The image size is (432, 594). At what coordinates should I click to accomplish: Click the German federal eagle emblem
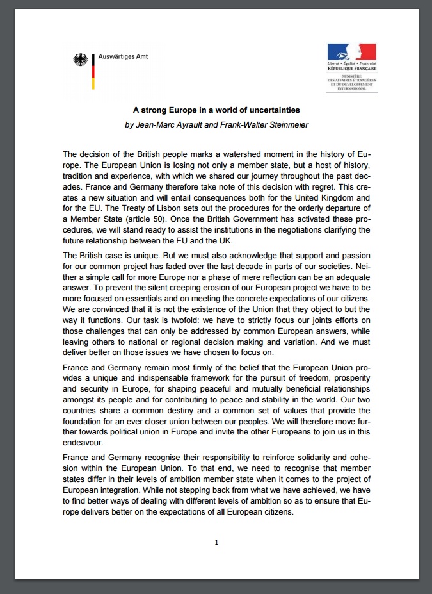[81, 62]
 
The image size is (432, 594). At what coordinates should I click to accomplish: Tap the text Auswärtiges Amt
[123, 57]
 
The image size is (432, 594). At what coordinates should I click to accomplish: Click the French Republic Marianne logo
[351, 52]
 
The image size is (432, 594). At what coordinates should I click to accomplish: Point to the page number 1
[216, 542]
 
